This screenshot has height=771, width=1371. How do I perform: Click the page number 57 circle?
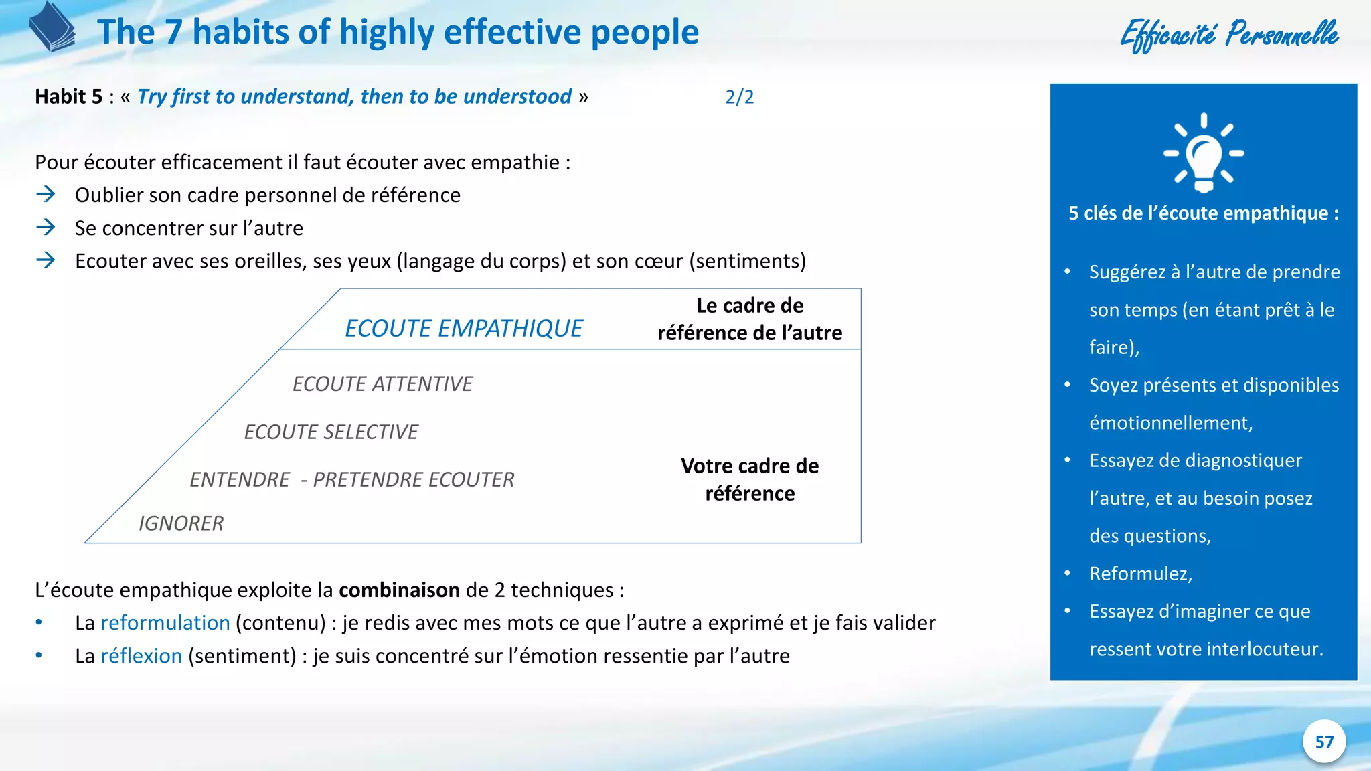pos(1323,742)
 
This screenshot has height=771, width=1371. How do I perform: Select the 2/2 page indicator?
pos(739,97)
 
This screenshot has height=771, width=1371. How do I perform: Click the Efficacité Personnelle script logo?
pos(1229,35)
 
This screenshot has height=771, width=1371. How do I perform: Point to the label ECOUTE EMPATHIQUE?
pos(463,329)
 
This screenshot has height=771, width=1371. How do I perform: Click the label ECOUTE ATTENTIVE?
pos(382,384)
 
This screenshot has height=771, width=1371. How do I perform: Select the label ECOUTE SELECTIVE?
pos(331,432)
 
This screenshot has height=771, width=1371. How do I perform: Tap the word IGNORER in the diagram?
pos(181,523)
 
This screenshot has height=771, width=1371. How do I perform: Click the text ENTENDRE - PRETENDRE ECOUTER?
pos(352,480)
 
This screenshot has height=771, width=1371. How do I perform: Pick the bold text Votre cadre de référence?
pos(750,480)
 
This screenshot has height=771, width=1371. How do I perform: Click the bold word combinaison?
pos(399,590)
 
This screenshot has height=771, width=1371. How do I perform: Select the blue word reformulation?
pos(165,623)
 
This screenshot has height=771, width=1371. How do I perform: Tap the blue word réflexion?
pos(141,656)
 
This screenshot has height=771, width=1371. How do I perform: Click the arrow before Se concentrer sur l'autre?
pos(46,228)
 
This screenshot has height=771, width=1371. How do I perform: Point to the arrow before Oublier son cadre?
pos(46,195)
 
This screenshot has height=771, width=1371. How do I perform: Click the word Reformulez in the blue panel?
pos(1140,574)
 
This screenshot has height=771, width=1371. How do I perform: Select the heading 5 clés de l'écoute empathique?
pos(1203,213)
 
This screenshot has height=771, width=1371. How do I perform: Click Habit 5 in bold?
pos(68,97)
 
